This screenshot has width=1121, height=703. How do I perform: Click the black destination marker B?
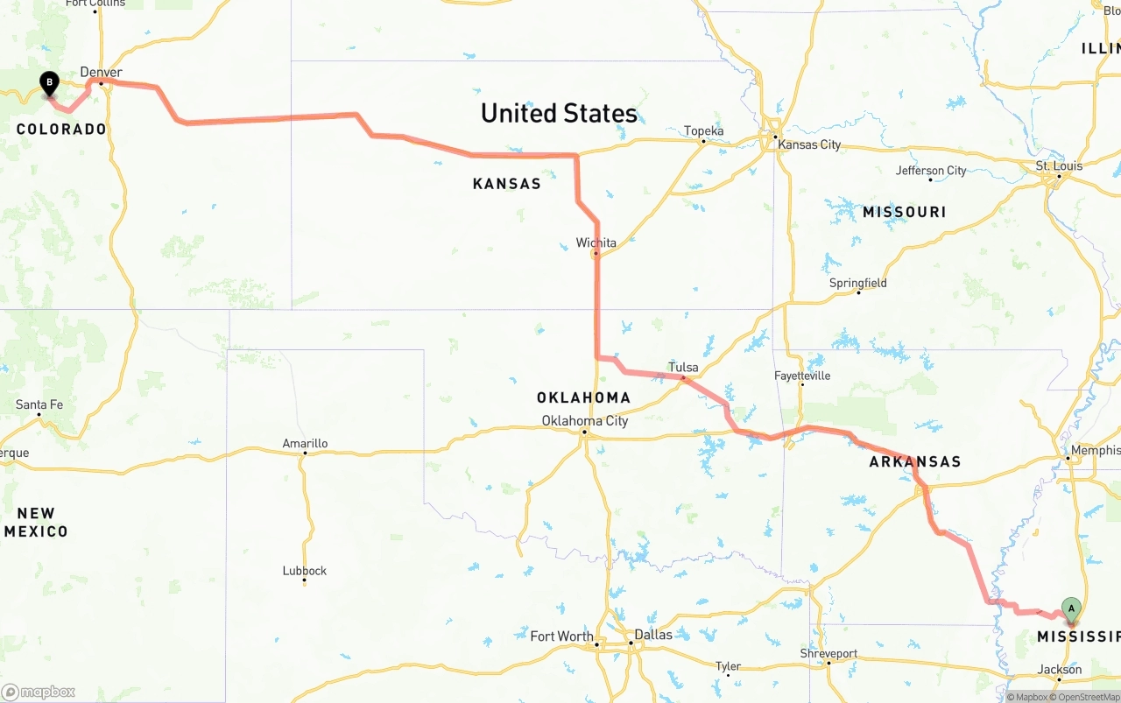coord(50,84)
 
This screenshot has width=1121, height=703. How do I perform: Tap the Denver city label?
coord(101,73)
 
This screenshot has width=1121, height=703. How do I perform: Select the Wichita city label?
coord(596,243)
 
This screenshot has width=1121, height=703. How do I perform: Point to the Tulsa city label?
coord(683,367)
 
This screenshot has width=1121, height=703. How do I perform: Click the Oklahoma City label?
coord(584,421)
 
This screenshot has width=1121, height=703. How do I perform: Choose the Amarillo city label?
coord(305,444)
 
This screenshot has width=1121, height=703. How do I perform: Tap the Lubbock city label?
coord(304,571)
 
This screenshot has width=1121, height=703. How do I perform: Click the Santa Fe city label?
coord(39,404)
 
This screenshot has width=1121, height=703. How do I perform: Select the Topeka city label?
coord(703,131)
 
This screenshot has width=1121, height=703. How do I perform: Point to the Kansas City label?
coord(808,144)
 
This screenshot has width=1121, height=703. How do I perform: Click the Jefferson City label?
coord(931,171)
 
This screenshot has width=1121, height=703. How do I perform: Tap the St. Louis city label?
coord(1059,165)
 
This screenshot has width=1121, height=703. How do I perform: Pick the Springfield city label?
coord(857,283)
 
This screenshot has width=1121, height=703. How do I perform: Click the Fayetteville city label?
coord(801,376)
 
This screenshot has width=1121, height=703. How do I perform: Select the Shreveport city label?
coord(828,653)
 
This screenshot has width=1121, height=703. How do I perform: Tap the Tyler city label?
coord(728,666)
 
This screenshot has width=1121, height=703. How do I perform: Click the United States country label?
coord(559,113)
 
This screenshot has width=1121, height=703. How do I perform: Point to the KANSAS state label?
coord(506,184)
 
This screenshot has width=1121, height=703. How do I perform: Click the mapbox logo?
coord(39,692)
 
